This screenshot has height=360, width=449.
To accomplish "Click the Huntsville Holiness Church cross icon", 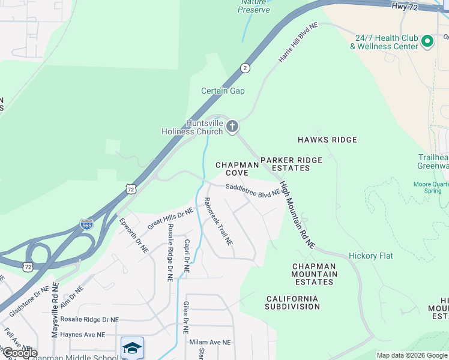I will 232,127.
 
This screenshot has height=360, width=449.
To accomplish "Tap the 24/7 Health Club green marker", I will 427,41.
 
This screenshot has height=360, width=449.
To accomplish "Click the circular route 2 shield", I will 245,67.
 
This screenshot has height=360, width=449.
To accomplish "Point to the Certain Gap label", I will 223,91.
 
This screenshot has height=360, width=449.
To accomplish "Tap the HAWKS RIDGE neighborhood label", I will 327,140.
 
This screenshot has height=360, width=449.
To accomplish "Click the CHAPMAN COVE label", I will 237,169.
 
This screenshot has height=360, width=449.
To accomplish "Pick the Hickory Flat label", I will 371,256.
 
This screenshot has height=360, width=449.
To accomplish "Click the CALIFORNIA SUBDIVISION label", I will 293,302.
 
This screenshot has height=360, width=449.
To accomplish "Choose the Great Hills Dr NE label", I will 170,217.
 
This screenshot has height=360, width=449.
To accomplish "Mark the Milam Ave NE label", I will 210,342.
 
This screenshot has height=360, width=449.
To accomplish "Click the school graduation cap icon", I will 132,348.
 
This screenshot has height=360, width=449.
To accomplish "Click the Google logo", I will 19,353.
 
